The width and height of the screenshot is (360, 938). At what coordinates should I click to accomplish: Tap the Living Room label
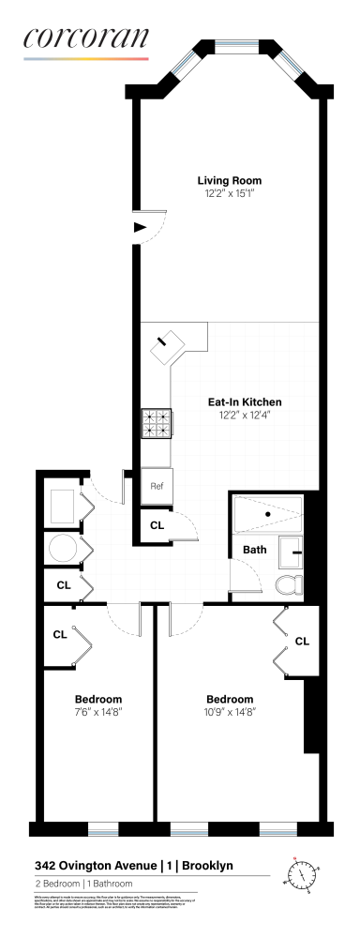[229, 180]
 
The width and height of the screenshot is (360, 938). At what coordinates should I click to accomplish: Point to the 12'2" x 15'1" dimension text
[229, 193]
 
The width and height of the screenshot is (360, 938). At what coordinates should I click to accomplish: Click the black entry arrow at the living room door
[141, 227]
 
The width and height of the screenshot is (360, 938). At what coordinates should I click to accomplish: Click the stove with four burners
[155, 424]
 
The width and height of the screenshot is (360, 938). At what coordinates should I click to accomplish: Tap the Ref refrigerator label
[157, 487]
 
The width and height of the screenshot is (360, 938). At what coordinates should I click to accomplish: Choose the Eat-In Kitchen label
[244, 402]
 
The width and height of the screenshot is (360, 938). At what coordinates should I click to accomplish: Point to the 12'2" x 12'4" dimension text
[244, 416]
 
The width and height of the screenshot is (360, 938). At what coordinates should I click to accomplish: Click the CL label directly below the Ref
[157, 525]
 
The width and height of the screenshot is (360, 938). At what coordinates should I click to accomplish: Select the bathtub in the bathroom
[269, 514]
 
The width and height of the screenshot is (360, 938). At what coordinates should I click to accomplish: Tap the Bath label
[254, 550]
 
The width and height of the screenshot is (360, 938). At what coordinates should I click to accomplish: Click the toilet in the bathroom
[290, 583]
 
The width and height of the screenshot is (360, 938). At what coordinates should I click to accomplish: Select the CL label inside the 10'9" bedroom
[301, 642]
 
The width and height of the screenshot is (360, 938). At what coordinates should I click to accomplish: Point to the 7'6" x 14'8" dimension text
[98, 712]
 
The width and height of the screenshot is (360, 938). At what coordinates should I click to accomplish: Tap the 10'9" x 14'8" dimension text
[230, 712]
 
